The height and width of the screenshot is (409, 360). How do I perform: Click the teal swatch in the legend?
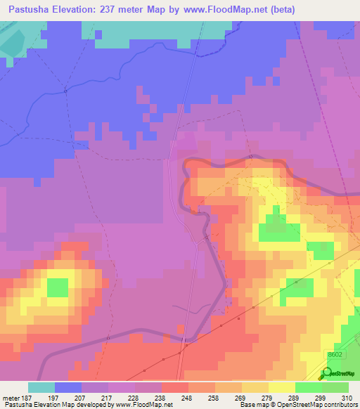[x=41, y=387]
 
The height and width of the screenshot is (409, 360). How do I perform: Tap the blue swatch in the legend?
[x=68, y=387]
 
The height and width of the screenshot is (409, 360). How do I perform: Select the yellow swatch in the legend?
[x=282, y=387]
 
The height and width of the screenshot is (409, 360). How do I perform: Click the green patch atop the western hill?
[x=57, y=287]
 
